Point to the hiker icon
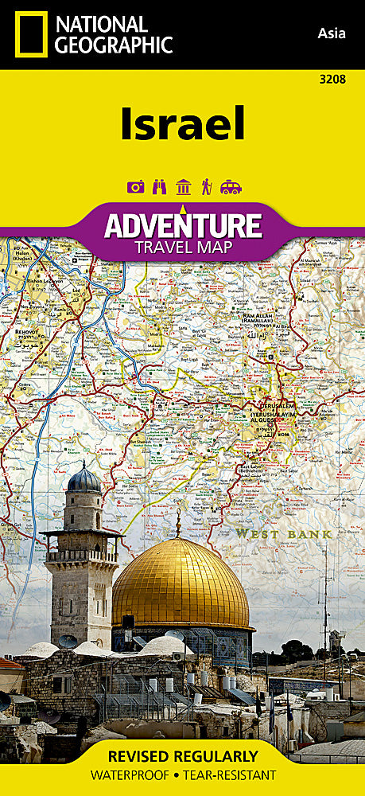point(207,187)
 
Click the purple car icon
point(231,187)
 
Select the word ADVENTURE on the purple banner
point(182,225)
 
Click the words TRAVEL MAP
point(182,248)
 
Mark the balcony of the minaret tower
point(82,556)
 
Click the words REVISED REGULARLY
point(182,756)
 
